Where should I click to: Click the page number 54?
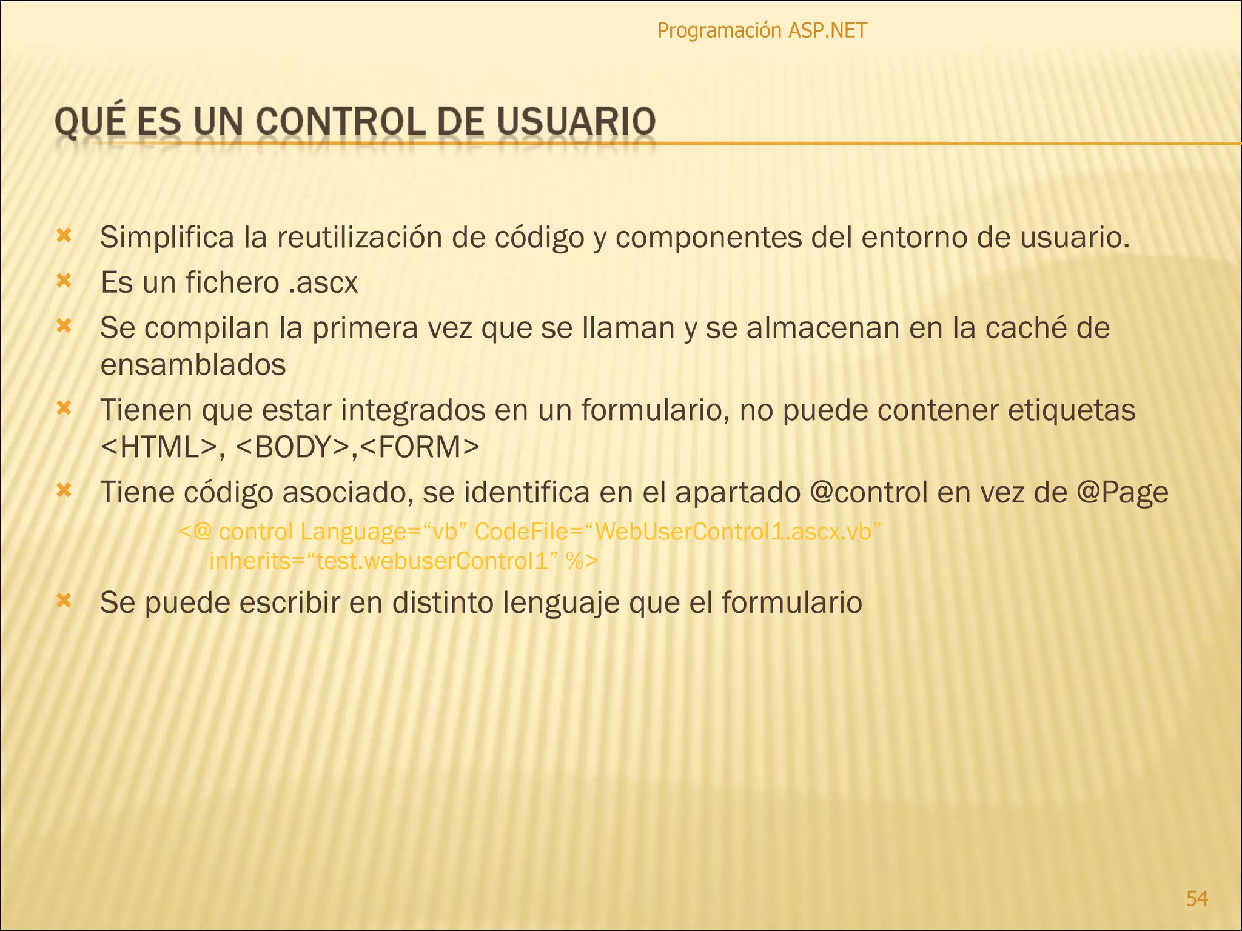[x=1197, y=898]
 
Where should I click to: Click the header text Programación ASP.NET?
[x=762, y=30]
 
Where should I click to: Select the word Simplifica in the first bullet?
[x=167, y=238]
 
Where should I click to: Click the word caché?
[x=1019, y=328]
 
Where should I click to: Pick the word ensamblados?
[x=193, y=365]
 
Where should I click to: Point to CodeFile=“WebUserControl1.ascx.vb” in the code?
[x=677, y=532]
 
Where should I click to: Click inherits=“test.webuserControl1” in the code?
[x=383, y=561]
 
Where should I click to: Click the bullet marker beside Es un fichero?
[x=64, y=281]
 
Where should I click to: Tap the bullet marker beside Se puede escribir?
[x=64, y=601]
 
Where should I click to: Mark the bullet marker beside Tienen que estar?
[x=64, y=409]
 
